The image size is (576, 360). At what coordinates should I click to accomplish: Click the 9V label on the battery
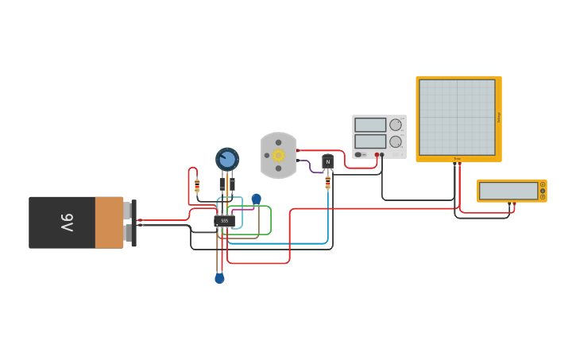67,223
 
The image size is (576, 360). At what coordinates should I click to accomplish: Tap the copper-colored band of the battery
109,223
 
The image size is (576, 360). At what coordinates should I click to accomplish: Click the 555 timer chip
225,220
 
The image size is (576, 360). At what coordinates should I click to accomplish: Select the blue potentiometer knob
227,159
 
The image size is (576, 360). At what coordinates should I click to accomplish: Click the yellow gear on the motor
278,155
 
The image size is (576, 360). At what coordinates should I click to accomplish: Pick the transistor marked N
327,161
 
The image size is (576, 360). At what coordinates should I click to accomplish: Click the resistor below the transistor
328,184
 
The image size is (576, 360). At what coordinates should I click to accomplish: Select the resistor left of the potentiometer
197,186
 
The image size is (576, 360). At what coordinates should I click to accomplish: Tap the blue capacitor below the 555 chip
219,278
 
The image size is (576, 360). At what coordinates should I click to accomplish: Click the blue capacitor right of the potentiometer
256,199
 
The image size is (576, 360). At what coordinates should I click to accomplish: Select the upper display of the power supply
370,125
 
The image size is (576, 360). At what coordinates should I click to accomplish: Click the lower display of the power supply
370,141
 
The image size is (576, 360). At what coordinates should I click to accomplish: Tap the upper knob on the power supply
396,125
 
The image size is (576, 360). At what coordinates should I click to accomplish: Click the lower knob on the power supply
396,141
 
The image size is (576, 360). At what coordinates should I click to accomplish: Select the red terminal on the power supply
377,155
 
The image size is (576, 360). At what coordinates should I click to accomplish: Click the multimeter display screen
508,191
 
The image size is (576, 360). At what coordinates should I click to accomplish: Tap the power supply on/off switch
359,154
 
